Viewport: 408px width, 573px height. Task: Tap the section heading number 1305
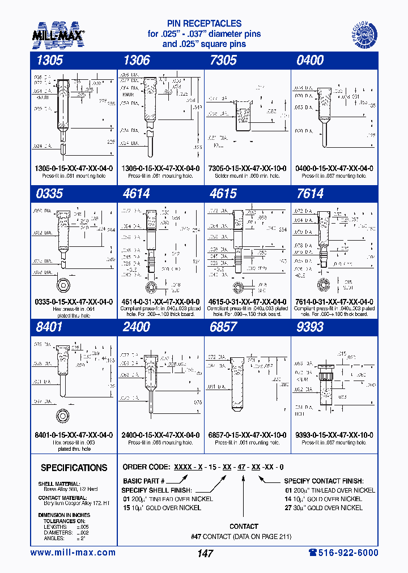pos(48,61)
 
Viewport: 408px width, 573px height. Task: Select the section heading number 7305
pos(223,61)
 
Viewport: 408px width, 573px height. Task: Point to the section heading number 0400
pos(310,61)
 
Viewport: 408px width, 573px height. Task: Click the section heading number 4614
pos(136,194)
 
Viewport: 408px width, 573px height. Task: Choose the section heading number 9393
pos(310,327)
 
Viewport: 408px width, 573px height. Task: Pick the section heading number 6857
pos(223,327)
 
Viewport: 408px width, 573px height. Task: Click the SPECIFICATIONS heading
pos(74,468)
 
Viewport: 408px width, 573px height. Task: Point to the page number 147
pos(205,553)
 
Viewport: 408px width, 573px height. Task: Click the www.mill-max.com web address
pos(73,553)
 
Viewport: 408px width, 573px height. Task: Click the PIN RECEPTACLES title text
pos(205,24)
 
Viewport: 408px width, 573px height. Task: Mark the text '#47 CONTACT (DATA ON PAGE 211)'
pos(244,536)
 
